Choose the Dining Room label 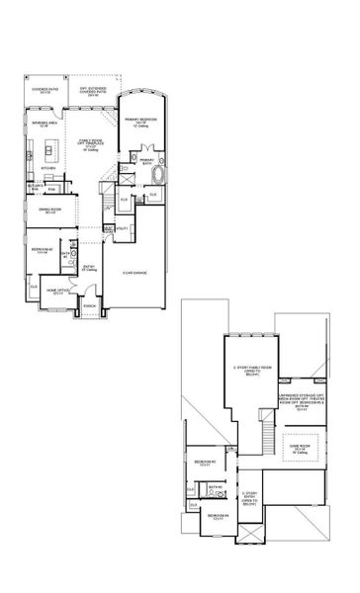click(x=46, y=212)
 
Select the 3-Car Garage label click(x=135, y=272)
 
